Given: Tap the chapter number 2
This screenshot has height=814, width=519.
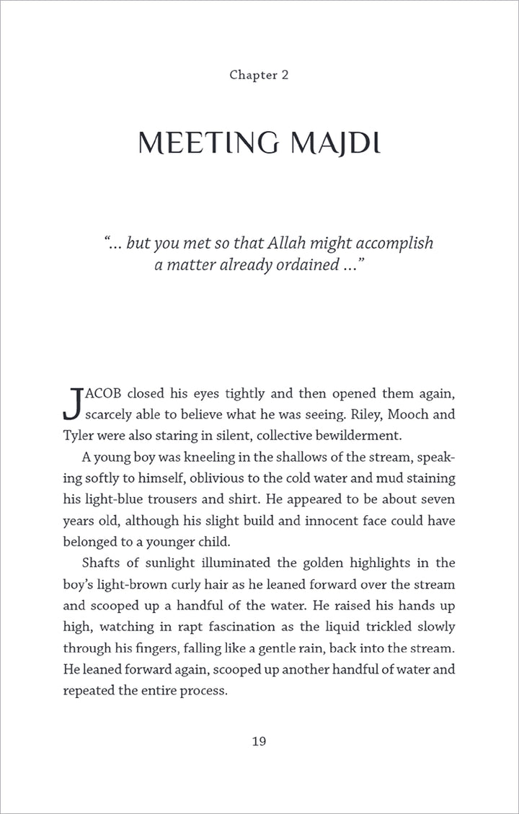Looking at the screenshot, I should click(285, 75).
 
